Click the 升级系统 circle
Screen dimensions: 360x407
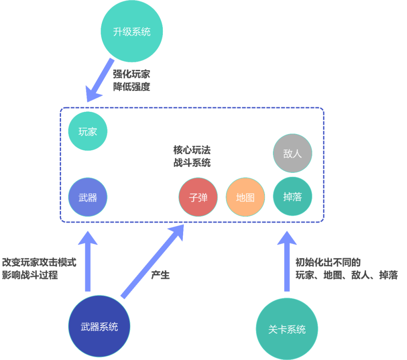click(x=132, y=31)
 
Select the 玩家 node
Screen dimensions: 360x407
click(x=88, y=131)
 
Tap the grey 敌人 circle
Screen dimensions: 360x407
click(x=292, y=153)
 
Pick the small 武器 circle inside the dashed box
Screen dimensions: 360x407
click(x=88, y=197)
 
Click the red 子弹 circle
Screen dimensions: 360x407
click(x=198, y=197)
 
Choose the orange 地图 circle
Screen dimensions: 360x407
click(x=245, y=197)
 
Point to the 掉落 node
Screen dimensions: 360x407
click(x=292, y=196)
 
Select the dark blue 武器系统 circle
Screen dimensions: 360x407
click(x=99, y=326)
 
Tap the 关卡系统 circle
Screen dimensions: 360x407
click(x=287, y=329)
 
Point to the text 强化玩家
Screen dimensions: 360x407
click(x=132, y=74)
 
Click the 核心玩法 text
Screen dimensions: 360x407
click(x=192, y=150)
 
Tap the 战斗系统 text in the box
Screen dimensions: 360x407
click(x=192, y=163)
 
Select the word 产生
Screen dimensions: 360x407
click(x=160, y=275)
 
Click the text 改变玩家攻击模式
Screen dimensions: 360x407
click(x=39, y=262)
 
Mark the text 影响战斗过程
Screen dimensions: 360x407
click(x=30, y=275)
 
